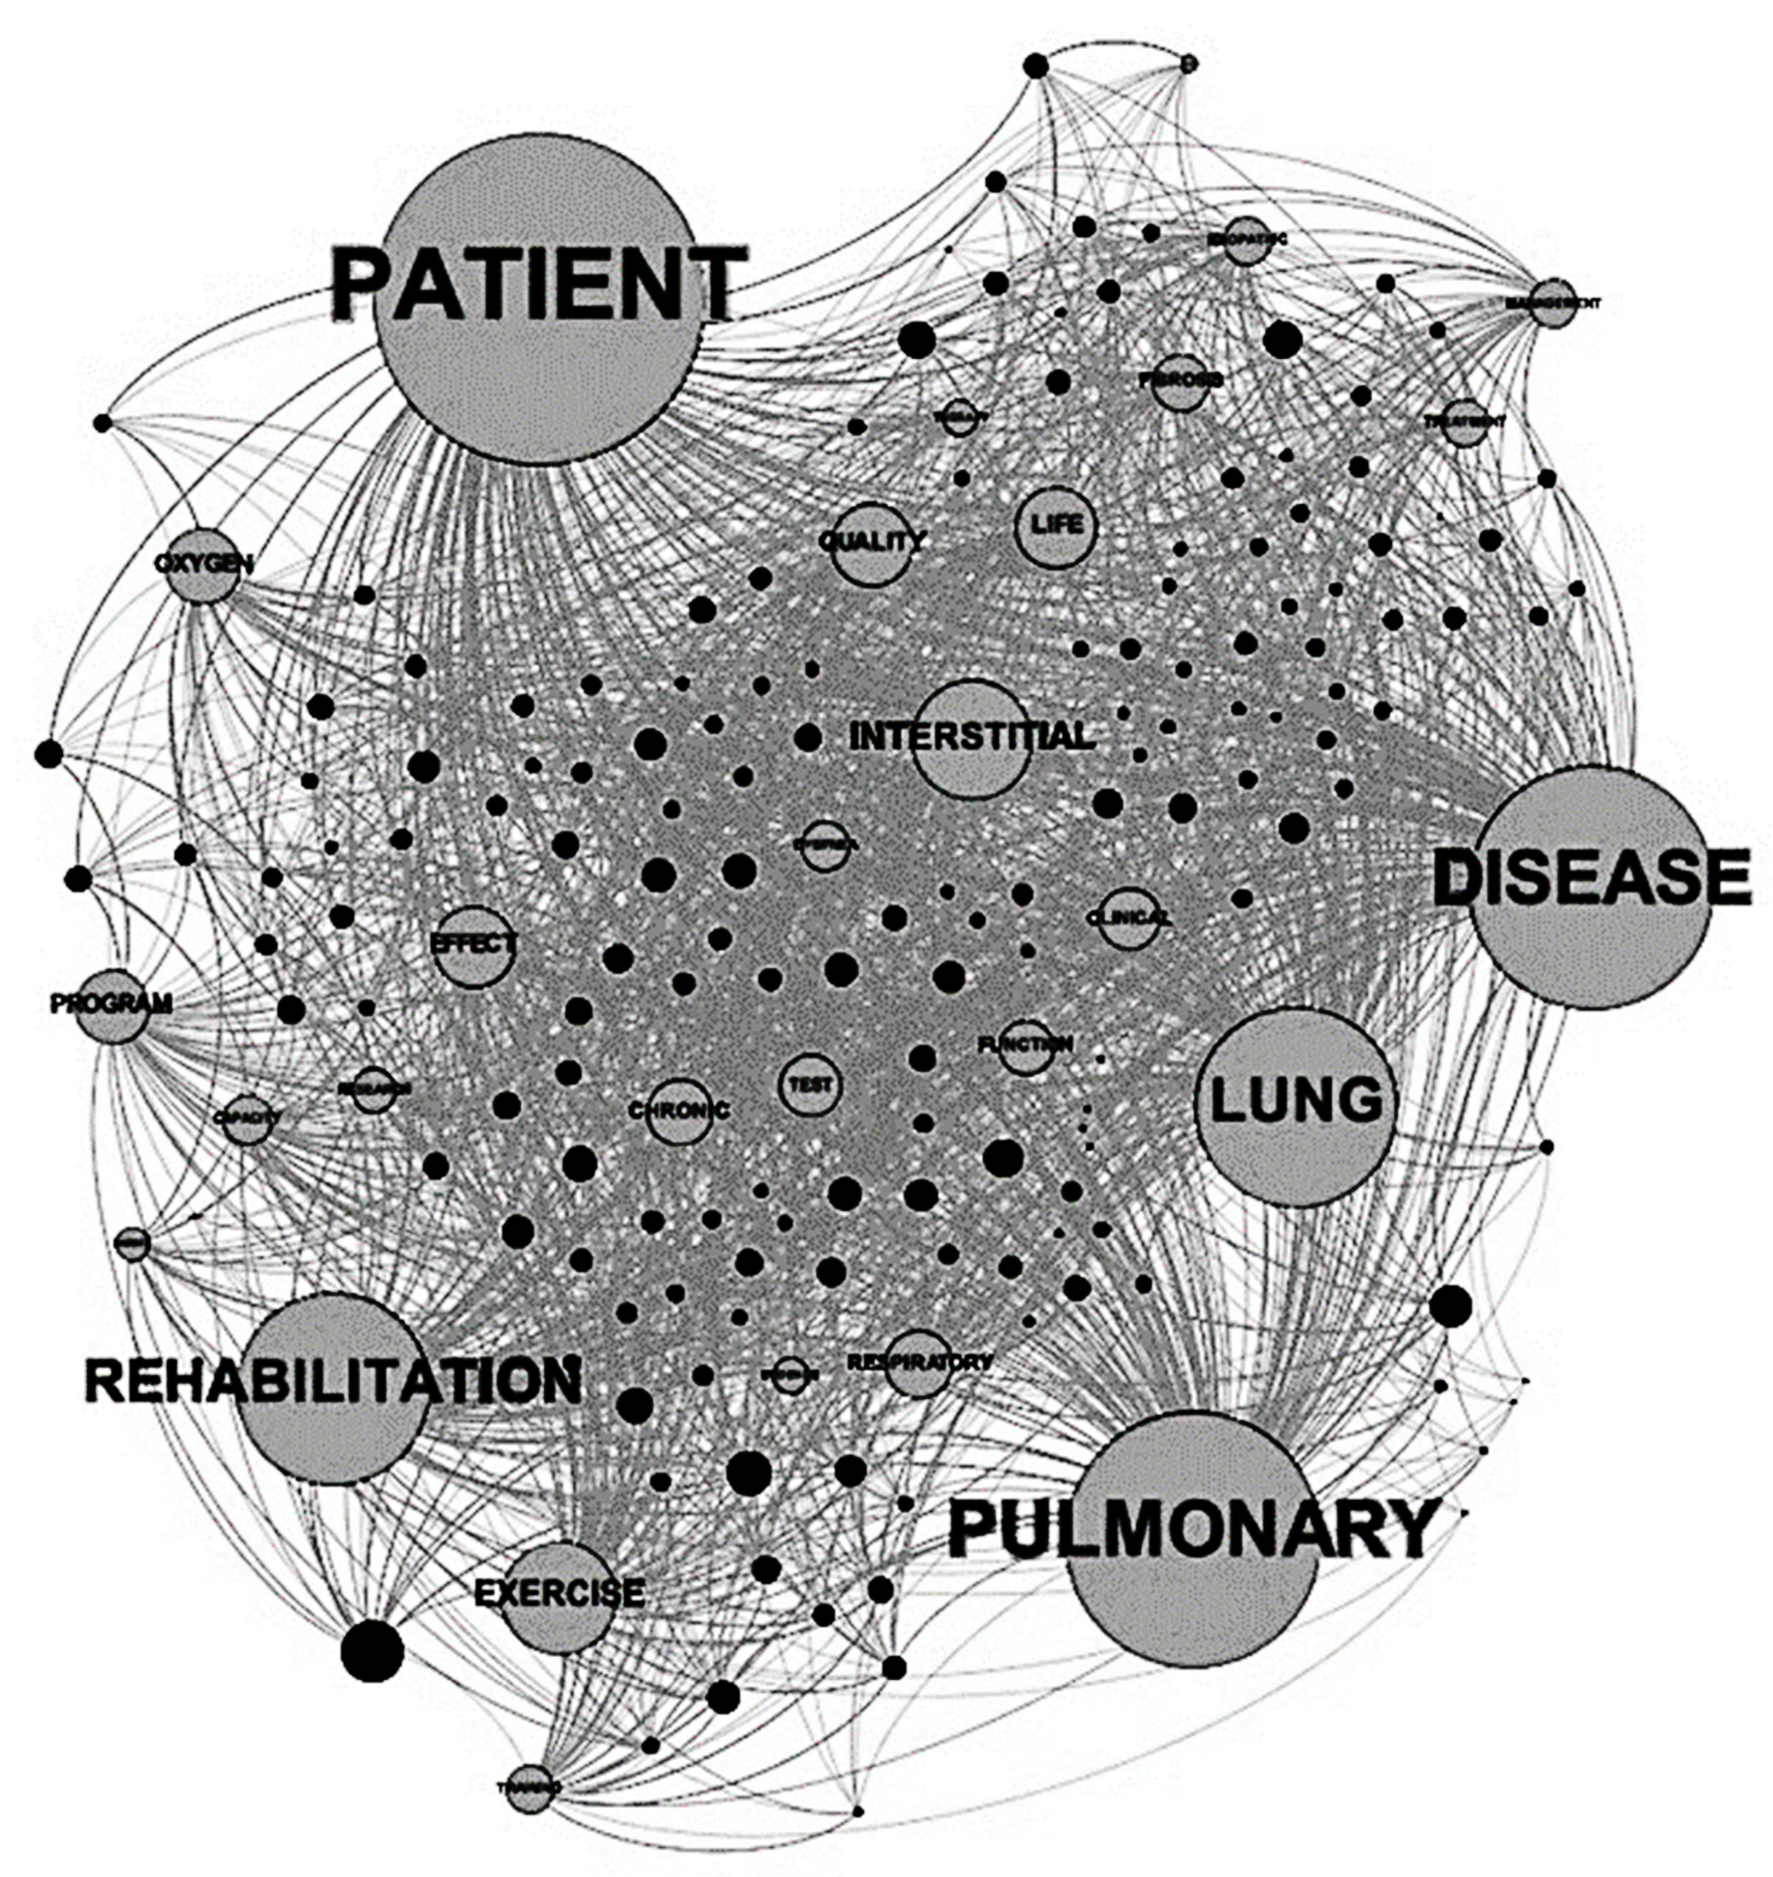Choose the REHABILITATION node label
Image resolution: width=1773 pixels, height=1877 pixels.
(333, 1380)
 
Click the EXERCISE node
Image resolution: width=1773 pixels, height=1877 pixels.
(559, 1594)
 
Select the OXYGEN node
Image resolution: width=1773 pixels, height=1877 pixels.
(204, 565)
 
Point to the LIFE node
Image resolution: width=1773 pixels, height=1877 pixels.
(1056, 525)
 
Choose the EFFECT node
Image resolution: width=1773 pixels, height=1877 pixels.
(473, 945)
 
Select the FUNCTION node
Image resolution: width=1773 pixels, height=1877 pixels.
(1026, 1045)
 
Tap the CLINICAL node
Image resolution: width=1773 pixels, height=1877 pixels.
(1129, 917)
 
